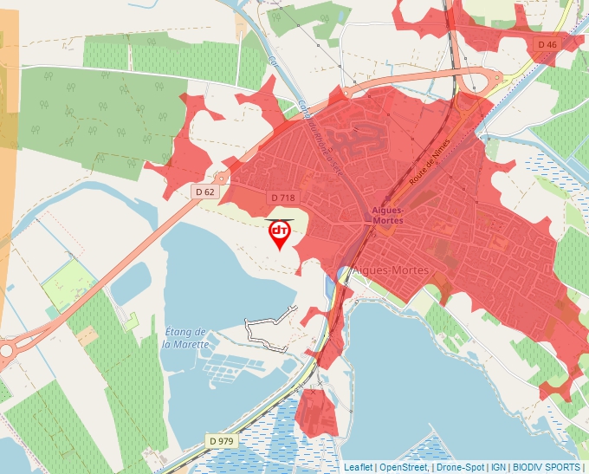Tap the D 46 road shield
[547, 44]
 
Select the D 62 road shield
[205, 192]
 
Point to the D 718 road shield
[282, 198]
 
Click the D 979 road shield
[221, 441]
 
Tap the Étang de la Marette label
[185, 338]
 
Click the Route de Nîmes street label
[424, 170]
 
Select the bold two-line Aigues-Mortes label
[386, 216]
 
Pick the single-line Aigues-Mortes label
[391, 271]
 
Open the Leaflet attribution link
[358, 467]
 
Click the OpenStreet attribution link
[404, 467]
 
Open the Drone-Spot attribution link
[460, 467]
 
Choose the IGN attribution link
[499, 467]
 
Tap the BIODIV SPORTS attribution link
[546, 467]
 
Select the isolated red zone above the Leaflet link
[316, 412]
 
